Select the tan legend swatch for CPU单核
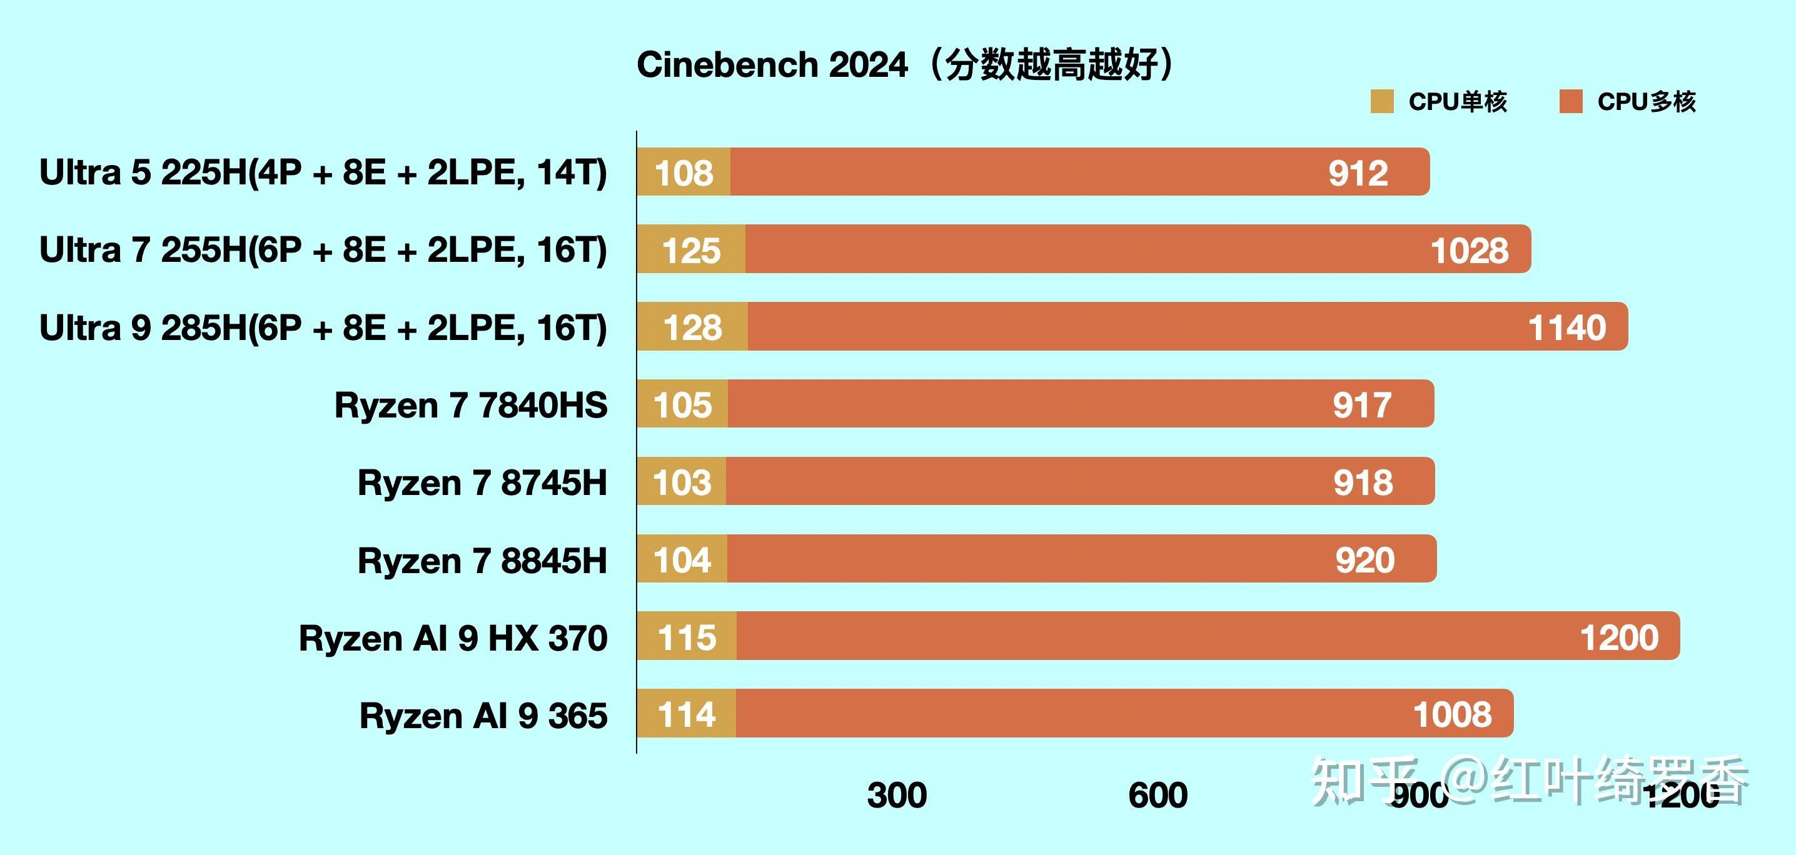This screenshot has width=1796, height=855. pos(1382,101)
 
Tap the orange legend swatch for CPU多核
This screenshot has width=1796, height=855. pos(1571,101)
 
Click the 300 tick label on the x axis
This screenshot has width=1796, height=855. pos(897,795)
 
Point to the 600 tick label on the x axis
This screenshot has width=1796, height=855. pos(1158,795)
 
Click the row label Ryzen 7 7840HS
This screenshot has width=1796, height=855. pos(471,405)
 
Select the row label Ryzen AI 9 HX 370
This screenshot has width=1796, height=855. pos(453,637)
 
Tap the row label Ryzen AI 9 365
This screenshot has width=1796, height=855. pos(483,716)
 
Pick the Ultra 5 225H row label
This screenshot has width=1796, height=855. pos(323,172)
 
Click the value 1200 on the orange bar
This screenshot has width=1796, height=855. pos(1619,637)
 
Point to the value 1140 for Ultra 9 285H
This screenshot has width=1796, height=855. pos(1566,327)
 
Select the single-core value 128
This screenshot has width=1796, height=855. pos(692,327)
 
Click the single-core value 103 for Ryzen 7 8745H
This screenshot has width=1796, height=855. pos(682,482)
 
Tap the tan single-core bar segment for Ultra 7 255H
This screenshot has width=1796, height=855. pos(691,249)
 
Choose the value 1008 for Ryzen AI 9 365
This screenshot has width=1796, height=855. pos(1452,715)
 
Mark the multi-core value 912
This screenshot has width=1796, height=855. pos(1358,172)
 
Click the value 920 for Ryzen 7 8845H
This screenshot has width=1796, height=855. pos(1365,560)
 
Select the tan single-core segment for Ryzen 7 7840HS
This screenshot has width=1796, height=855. pos(682,405)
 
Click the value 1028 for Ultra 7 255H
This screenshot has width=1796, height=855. pos(1469,250)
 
